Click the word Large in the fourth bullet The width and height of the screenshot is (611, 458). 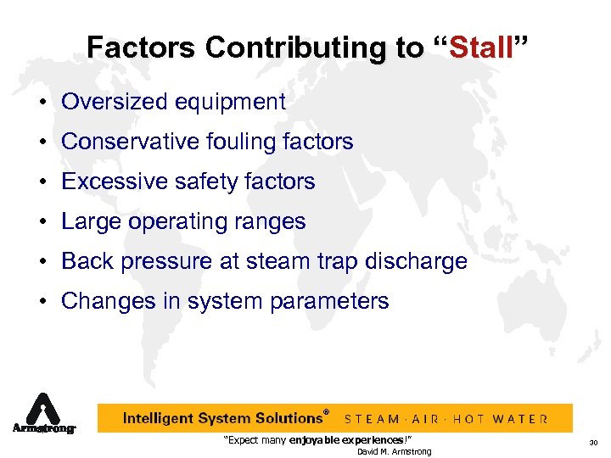[88, 222]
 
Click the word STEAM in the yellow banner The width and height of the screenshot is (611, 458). [374, 419]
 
